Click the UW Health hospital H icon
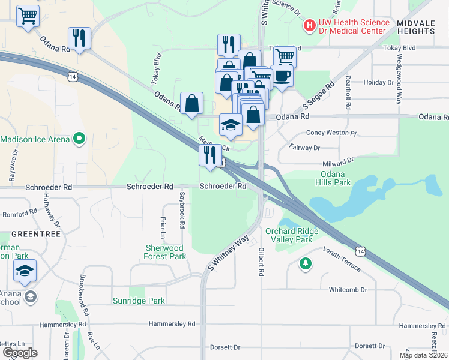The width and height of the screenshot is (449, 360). point(310,26)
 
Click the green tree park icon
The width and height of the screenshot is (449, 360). point(306,263)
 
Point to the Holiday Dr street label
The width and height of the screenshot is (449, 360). point(378,82)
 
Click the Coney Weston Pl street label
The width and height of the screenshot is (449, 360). point(331,133)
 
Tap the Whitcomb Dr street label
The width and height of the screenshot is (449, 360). point(348,290)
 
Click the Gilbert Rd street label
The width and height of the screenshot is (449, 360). point(261,262)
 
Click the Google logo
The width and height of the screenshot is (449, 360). point(20,353)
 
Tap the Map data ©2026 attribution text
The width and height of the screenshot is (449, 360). point(423,355)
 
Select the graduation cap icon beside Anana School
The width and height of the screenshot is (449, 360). point(25,271)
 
